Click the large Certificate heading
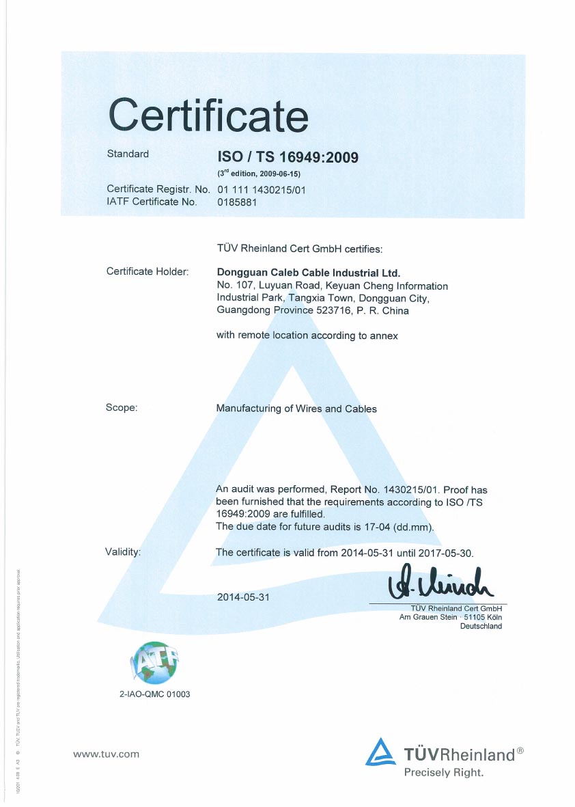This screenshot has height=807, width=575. pos(208,114)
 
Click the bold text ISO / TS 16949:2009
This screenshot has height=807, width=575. pos(287,158)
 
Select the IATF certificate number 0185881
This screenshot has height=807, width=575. pos(237,202)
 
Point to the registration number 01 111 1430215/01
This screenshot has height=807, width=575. pos(261,189)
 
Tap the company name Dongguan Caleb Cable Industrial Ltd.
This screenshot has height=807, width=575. pos(308,272)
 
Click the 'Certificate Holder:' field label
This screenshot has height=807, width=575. pos(147,272)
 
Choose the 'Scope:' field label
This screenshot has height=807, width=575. pos(122,408)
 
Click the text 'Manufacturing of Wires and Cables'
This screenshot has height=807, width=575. pos(296,409)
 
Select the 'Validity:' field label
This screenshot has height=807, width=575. pos(123,551)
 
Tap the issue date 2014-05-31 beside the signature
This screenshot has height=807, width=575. pos(244,597)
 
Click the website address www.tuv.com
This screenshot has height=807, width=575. pos(106,754)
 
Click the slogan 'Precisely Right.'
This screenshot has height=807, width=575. pos(444,773)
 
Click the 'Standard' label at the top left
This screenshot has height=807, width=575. pos(128,154)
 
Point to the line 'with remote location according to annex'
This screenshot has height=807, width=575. pos(307,336)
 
